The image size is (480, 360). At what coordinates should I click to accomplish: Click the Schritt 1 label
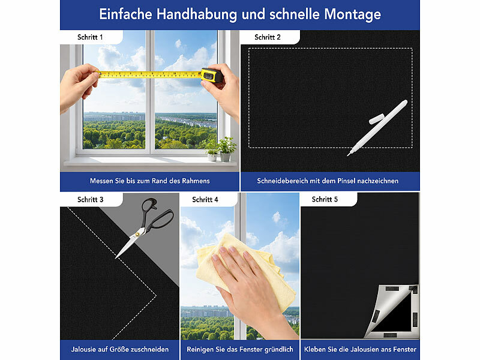click(x=90, y=37)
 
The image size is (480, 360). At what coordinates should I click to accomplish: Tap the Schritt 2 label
click(x=267, y=37)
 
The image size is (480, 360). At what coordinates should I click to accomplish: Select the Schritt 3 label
click(x=90, y=199)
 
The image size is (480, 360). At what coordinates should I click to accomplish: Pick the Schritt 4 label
click(x=205, y=199)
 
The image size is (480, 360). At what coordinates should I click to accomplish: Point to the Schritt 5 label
click(x=325, y=199)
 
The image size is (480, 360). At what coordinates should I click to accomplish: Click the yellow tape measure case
click(x=211, y=75)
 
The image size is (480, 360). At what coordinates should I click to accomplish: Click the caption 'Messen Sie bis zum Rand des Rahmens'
click(x=150, y=181)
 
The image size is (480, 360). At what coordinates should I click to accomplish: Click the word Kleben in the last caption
click(x=316, y=349)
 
